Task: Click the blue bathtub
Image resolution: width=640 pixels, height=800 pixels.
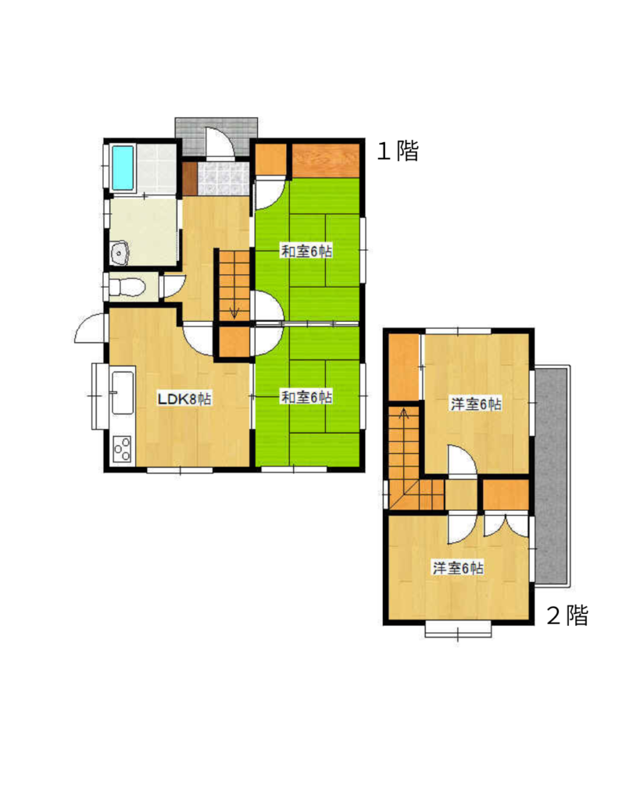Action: pos(123,168)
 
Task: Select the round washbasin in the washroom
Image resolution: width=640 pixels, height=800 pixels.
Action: pos(120,252)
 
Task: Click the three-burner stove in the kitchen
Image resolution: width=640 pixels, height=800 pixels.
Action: pos(122,449)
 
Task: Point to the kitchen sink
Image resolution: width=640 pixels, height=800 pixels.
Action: pos(122,392)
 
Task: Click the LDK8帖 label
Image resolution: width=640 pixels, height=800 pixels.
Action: pos(184,399)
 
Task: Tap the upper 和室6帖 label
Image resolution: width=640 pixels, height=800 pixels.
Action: pos(307,251)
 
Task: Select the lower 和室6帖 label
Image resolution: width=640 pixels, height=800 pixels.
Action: pos(307,397)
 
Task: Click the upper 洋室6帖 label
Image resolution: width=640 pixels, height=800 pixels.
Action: pos(476,404)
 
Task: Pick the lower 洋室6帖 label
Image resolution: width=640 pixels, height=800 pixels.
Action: pos(458,568)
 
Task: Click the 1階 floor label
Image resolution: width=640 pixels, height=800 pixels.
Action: pos(398,151)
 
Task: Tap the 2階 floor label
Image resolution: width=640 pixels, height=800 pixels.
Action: pos(567,616)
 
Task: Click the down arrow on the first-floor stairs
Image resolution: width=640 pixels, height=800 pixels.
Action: pos(234,312)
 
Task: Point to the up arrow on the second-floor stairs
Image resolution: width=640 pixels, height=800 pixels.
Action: pos(404,413)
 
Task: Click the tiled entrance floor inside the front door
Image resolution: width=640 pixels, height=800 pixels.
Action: pos(223,179)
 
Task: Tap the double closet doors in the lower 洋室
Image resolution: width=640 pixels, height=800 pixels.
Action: pos(506,526)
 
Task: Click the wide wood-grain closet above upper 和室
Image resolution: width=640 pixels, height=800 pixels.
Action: pos(326,161)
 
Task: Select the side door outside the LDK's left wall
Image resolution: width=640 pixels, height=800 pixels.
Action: pos(90,328)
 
